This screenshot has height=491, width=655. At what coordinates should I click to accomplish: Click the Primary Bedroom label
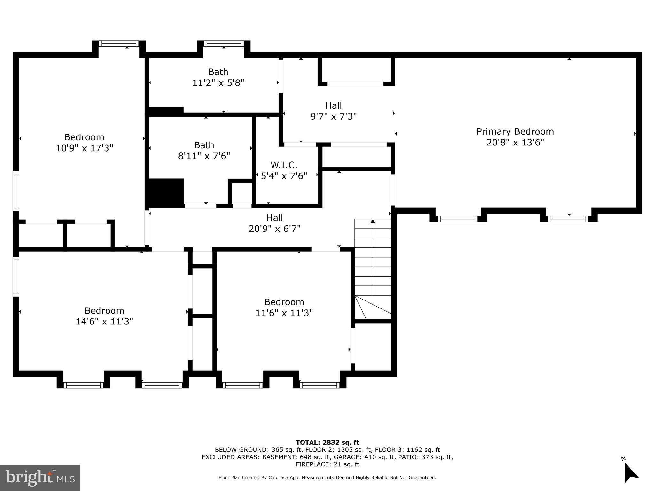[x=515, y=131]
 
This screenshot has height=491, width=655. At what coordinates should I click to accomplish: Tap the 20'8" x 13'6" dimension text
[x=515, y=142]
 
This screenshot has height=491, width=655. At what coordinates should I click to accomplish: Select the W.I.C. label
[x=284, y=165]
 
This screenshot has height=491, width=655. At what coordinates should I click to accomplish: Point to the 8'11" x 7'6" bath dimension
[x=204, y=156]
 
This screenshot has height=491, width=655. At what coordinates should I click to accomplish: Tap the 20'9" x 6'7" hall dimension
[x=274, y=229]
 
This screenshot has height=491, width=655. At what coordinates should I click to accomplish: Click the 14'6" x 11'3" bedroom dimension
[x=104, y=321]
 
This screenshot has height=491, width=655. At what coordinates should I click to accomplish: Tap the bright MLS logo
[x=40, y=478]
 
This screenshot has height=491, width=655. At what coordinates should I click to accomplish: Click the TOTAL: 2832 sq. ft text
[x=327, y=442]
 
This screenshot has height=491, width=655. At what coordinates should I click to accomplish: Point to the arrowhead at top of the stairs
[x=373, y=221]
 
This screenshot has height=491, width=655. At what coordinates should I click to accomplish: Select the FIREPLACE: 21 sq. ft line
[x=327, y=464]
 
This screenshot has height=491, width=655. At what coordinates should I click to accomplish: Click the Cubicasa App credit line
[x=327, y=478]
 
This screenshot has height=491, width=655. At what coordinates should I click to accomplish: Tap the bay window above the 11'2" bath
[x=224, y=43]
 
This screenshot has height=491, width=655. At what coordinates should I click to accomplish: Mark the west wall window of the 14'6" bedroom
[x=16, y=277]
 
